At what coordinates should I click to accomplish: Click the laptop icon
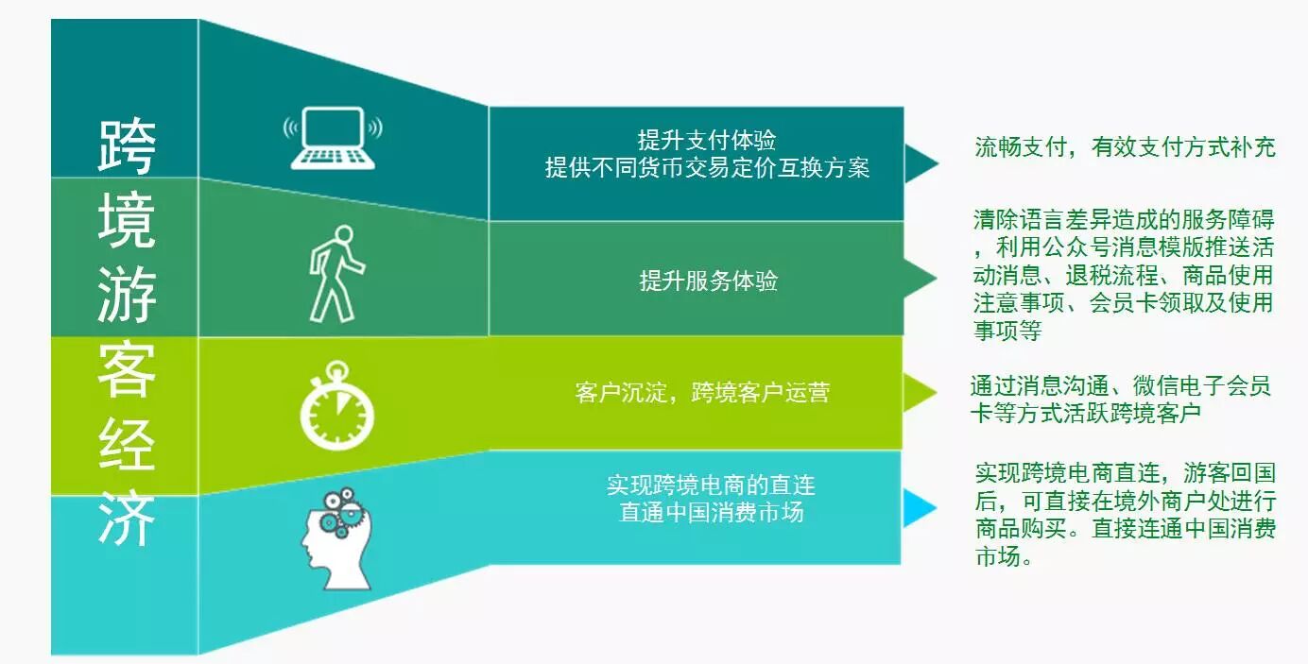pyautogui.click(x=333, y=139)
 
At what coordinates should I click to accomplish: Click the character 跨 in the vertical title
pyautogui.click(x=127, y=146)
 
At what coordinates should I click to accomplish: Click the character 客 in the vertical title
pyautogui.click(x=127, y=369)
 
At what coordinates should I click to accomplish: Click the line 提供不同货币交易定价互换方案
pyautogui.click(x=707, y=168)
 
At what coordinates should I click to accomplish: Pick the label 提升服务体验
pyautogui.click(x=708, y=281)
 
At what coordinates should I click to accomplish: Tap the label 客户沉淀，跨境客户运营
pyautogui.click(x=702, y=392)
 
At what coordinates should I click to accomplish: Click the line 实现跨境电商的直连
pyautogui.click(x=711, y=485)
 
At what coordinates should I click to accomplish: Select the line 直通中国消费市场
pyautogui.click(x=711, y=512)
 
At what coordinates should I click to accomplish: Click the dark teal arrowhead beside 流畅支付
pyautogui.click(x=919, y=163)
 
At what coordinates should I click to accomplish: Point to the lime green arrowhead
pyautogui.click(x=917, y=392)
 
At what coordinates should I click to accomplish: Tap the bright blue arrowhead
pyautogui.click(x=917, y=508)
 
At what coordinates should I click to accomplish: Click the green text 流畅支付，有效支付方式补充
pyautogui.click(x=1125, y=147)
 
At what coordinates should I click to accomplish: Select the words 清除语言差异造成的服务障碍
pyautogui.click(x=1124, y=221)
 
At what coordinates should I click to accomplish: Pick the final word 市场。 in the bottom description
pyautogui.click(x=1003, y=557)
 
